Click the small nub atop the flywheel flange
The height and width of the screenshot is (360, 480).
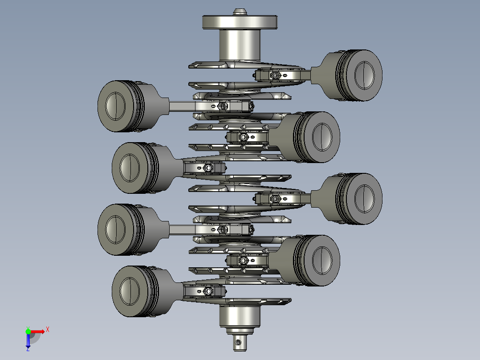240,11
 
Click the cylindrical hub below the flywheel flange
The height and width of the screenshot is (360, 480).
240,45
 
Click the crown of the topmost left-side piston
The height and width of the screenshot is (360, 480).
114,106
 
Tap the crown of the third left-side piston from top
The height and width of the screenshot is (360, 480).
114,229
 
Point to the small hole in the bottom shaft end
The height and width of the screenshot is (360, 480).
238,342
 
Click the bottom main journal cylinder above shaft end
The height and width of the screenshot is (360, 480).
240,317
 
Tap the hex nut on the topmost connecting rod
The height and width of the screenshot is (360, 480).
275,75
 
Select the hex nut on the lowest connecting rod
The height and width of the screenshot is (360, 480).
208,292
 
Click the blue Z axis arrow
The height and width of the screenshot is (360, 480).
28,341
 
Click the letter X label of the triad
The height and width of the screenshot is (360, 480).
48,330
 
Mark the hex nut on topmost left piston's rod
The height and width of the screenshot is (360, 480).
222,106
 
